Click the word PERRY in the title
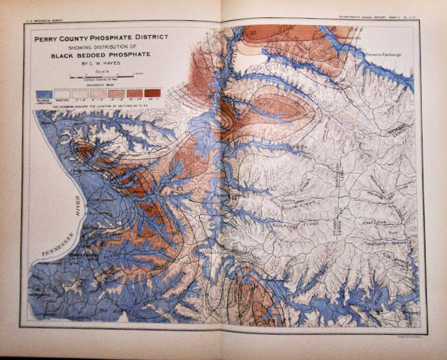pyautogui.click(x=54, y=40)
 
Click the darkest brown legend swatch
pyautogui.click(x=152, y=93)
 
